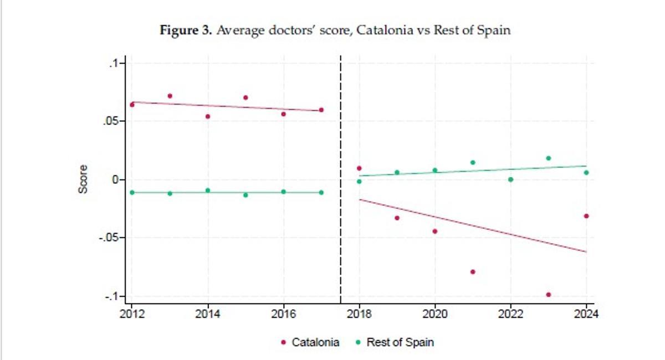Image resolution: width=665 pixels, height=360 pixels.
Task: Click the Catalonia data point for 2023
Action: click(x=548, y=295)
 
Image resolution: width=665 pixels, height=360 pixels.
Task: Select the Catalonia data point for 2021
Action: click(x=473, y=272)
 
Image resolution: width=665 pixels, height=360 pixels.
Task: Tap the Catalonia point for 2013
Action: click(x=170, y=96)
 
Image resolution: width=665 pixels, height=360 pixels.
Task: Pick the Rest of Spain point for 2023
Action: click(x=548, y=158)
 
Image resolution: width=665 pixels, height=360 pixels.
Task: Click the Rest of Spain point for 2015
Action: click(x=245, y=195)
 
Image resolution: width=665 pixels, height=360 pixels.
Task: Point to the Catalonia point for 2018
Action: click(x=359, y=168)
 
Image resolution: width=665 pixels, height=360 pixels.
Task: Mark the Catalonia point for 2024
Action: click(x=586, y=216)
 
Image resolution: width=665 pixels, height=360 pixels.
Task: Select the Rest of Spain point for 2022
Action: click(x=510, y=179)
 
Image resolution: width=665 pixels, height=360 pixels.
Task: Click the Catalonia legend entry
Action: click(x=310, y=342)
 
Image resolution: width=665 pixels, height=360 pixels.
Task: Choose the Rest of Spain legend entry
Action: click(x=395, y=342)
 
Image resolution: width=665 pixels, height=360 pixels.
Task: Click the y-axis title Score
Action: click(x=83, y=179)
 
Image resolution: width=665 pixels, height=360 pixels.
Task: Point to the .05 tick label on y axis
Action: click(x=112, y=121)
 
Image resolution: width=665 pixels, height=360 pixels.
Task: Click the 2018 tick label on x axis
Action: click(x=359, y=315)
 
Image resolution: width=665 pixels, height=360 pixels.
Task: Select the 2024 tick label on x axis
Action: click(x=586, y=315)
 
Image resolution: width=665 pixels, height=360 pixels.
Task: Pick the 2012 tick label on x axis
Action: click(x=132, y=315)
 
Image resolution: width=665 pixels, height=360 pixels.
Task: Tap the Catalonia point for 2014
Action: click(x=208, y=116)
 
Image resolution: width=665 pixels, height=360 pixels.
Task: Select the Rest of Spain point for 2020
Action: click(x=434, y=170)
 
